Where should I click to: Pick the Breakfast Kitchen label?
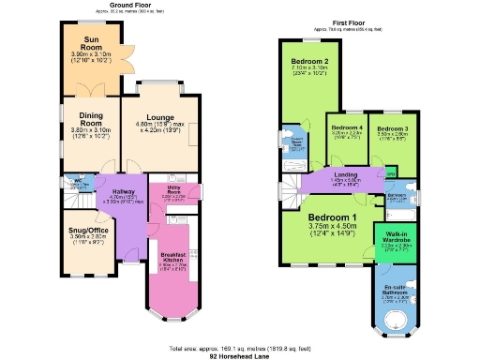pyautogui.click(x=174, y=260)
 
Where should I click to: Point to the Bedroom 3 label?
pyautogui.click(x=392, y=127)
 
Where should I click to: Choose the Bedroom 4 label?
pyautogui.click(x=348, y=127)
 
